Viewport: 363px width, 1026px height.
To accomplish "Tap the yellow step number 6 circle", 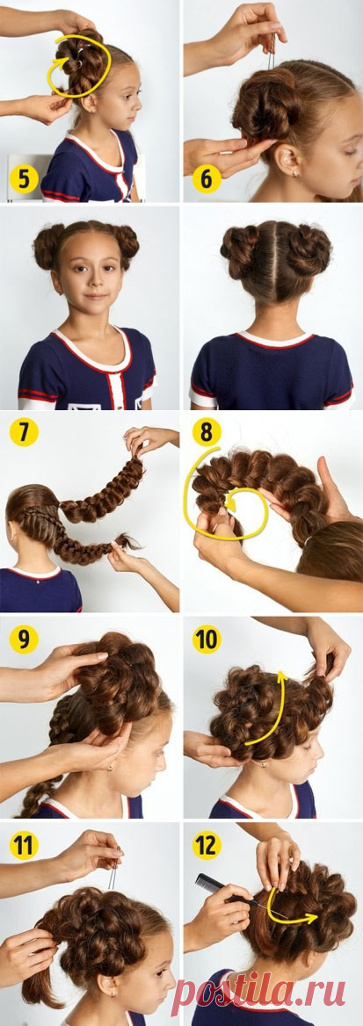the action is [x=207, y=178].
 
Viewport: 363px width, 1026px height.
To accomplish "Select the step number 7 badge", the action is [x=24, y=432].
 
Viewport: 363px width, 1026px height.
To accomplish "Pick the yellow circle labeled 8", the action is [x=207, y=432].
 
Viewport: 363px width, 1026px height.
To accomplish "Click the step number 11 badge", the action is [x=24, y=845].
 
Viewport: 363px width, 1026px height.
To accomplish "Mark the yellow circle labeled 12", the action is [x=207, y=845].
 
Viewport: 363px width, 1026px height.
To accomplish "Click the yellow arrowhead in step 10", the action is [x=282, y=677].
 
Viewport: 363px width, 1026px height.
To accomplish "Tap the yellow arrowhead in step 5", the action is [x=64, y=63].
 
